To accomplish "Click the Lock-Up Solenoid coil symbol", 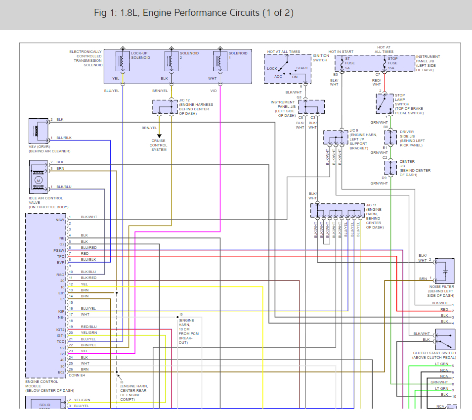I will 122,61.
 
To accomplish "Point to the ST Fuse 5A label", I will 349,63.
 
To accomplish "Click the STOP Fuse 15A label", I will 392,63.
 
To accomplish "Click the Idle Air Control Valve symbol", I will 38,179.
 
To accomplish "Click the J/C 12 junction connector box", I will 165,107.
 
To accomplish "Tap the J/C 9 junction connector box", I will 336,137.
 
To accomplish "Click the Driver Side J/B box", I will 391,138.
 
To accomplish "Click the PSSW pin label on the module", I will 59,251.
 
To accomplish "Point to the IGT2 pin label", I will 60,329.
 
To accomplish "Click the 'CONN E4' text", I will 76,375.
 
